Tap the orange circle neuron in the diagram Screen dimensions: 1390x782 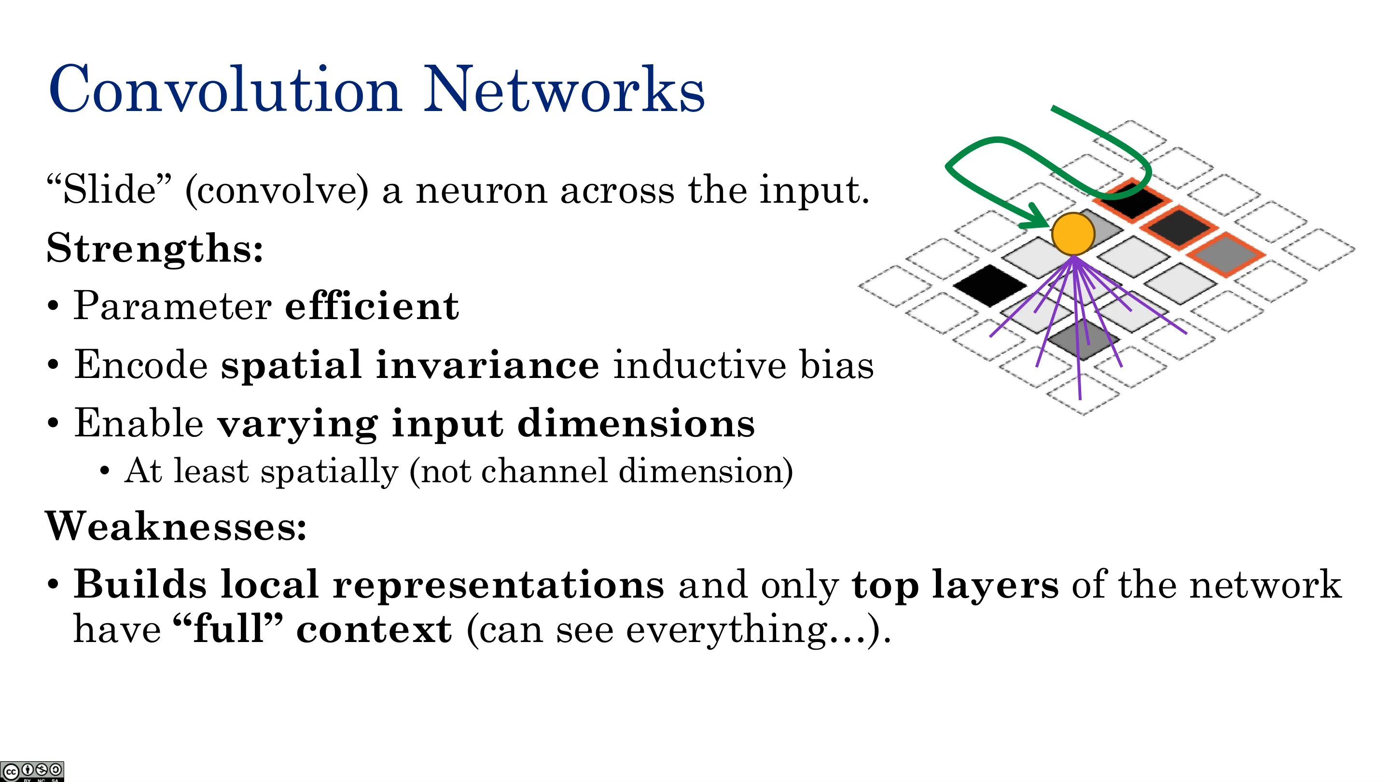[x=1073, y=234]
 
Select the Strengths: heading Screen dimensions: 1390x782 [x=155, y=248]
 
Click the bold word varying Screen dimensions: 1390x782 [x=297, y=425]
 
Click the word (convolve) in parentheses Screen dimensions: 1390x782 [x=277, y=191]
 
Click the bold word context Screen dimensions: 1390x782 [x=374, y=630]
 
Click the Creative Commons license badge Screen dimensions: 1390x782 [x=32, y=771]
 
